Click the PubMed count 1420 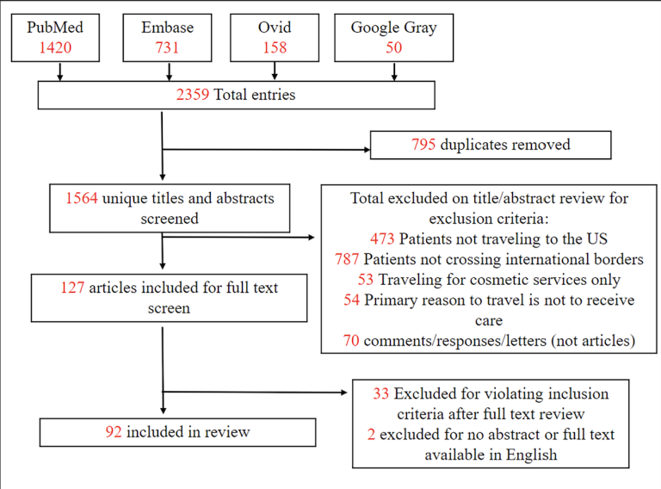pos(55,47)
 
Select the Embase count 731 pos(167,47)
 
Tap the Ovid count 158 pos(275,47)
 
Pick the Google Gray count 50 pos(394,47)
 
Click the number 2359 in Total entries pos(193,95)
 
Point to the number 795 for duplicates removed pos(423,145)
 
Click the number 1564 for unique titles pos(82,198)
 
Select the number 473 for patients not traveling pos(382,239)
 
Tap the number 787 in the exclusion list pos(347,259)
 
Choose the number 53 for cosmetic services pos(366,280)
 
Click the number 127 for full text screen pos(72,288)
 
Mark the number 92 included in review pos(114,431)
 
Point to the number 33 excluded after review pos(380,393)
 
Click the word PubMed pos(55,28)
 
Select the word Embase pos(167,28)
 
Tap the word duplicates pos(472,145)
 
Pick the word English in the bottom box pos(532,455)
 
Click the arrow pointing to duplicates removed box pos(267,149)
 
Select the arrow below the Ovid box pos(275,71)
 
